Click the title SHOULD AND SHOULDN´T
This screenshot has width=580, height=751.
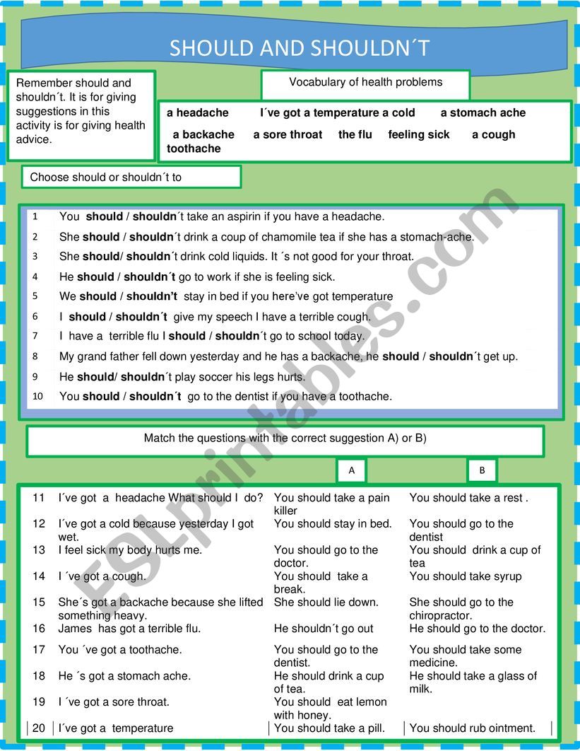click(300, 48)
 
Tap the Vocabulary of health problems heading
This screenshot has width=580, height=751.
click(365, 82)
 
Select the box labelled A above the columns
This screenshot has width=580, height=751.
click(352, 470)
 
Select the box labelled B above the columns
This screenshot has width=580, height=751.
click(482, 470)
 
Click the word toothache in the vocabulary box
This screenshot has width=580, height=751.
click(194, 149)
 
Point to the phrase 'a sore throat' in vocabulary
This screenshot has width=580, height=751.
click(288, 134)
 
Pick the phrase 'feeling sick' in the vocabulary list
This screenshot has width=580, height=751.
click(418, 134)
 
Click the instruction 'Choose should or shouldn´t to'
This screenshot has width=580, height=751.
click(106, 177)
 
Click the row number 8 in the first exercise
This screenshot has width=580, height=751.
click(35, 356)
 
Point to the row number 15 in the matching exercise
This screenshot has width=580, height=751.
click(38, 602)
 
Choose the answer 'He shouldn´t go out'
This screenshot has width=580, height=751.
click(324, 629)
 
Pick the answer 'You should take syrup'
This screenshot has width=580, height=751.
click(465, 576)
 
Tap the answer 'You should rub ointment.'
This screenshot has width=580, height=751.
click(472, 728)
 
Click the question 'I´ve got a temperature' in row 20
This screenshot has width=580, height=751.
click(115, 728)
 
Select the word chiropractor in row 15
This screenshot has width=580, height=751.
click(439, 616)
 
